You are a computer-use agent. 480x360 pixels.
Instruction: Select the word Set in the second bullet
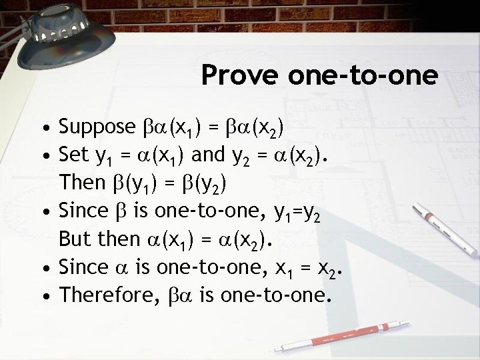point(73,157)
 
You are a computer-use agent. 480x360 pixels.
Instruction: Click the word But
point(73,238)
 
